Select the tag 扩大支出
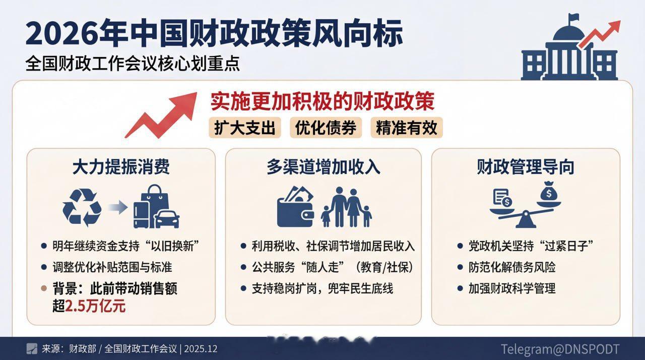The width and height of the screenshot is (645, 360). point(245,128)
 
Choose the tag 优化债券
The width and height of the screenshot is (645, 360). point(326,128)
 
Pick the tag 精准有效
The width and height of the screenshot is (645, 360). point(406,128)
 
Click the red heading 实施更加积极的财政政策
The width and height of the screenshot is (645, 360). point(322,102)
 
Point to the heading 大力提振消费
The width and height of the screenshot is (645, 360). point(121,167)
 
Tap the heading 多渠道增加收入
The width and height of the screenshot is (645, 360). point(323,167)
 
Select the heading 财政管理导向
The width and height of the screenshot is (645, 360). point(526,167)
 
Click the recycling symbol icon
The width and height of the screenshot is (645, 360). point(82,207)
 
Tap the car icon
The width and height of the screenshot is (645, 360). point(167,219)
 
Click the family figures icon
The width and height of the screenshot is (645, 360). point(347,207)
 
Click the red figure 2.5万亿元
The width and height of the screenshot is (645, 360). point(95,306)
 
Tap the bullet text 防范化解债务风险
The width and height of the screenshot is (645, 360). point(512,267)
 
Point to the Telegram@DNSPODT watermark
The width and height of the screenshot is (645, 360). point(560,348)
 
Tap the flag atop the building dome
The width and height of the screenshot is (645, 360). point(573,19)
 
